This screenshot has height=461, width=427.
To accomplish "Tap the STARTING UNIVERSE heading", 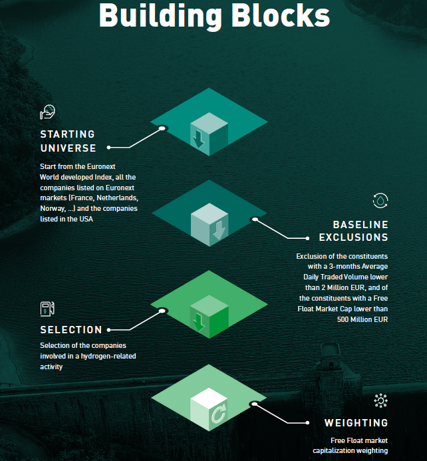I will click(68, 141).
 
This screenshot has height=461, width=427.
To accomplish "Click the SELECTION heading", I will click(71, 329).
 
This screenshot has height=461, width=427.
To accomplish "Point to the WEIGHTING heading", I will click(356, 422).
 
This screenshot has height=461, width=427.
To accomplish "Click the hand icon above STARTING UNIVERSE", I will click(47, 112).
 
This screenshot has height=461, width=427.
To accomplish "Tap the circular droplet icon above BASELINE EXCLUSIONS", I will click(380, 200).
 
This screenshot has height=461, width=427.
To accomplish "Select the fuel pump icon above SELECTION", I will click(46, 308).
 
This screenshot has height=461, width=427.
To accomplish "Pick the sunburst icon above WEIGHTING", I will click(380, 400).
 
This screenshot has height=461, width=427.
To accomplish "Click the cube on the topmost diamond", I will click(209, 133).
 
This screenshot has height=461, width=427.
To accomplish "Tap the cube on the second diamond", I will click(209, 225).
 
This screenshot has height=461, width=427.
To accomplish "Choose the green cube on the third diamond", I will click(209, 316).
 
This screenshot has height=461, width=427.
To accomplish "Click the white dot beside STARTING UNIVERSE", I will click(109, 148).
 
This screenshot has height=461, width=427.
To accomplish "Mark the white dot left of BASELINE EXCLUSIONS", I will click(307, 237).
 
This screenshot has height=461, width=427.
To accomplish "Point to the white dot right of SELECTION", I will click(109, 329).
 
